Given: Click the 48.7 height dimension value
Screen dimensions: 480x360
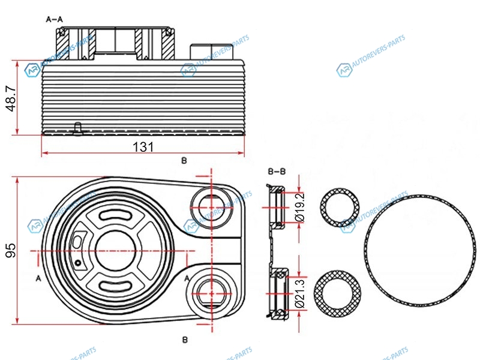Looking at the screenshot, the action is click(x=11, y=98).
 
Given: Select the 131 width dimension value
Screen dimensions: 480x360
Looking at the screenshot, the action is click(x=143, y=147).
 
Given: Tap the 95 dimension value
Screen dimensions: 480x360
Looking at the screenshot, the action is click(x=11, y=250).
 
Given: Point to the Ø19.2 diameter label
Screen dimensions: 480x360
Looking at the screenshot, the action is click(x=299, y=206).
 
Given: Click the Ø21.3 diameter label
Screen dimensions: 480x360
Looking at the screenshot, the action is click(x=300, y=293).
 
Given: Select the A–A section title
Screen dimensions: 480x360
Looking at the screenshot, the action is click(x=55, y=20).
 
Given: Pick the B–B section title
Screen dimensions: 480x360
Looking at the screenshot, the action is click(x=277, y=172).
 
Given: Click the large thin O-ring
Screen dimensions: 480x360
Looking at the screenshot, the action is click(x=420, y=251).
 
